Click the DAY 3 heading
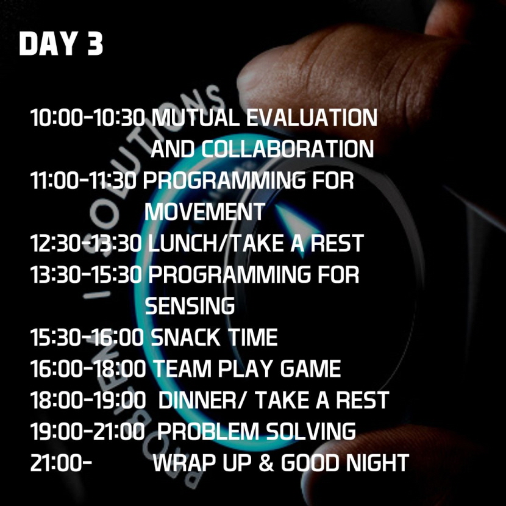[x=61, y=43]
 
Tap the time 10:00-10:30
[x=88, y=118]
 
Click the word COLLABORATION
[x=288, y=149]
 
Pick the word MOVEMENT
[x=205, y=212]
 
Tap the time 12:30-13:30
[x=86, y=243]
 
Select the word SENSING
[x=190, y=305]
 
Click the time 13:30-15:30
[x=86, y=274]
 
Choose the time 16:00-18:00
[x=88, y=369]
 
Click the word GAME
[x=311, y=369]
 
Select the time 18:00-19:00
[x=88, y=400]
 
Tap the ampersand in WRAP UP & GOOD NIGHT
[x=266, y=463]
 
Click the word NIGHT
[x=377, y=463]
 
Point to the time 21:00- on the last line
[x=62, y=463]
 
